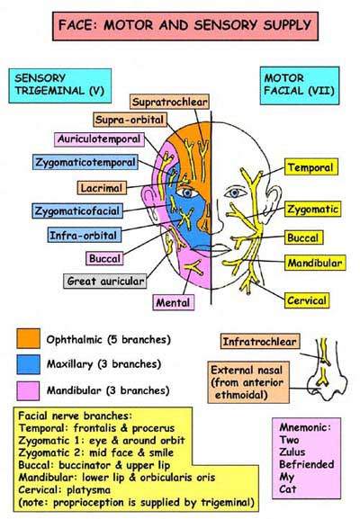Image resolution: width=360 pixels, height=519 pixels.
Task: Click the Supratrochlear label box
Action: [x=169, y=102]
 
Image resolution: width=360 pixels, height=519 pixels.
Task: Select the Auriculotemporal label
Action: [x=99, y=139]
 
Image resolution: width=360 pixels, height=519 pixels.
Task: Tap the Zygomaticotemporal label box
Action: [x=85, y=162]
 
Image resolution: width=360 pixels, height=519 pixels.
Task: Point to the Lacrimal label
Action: [x=102, y=188]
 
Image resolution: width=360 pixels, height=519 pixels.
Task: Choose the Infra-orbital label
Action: [x=84, y=235]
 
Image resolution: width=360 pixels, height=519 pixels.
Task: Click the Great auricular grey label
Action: [x=105, y=281]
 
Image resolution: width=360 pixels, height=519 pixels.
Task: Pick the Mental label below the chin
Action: [x=173, y=302]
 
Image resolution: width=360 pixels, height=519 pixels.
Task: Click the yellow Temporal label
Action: [x=311, y=167]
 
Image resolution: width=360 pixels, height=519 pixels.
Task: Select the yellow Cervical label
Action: [x=307, y=300]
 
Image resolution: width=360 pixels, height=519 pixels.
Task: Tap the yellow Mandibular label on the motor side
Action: [x=315, y=263]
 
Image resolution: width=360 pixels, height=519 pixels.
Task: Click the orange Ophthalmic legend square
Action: [x=29, y=338]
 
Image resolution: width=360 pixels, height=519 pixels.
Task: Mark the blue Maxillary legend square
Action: [x=29, y=364]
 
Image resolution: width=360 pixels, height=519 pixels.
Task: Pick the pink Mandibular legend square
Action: [x=28, y=391]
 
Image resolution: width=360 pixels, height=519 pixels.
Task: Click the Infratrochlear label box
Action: [x=260, y=342]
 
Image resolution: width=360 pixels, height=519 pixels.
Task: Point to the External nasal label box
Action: [x=248, y=382]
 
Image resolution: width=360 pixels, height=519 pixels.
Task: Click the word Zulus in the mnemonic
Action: [x=292, y=452]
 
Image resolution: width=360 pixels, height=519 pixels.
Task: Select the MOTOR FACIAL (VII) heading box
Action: [x=300, y=85]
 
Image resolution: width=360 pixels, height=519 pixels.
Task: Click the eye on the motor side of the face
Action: [x=235, y=192]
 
